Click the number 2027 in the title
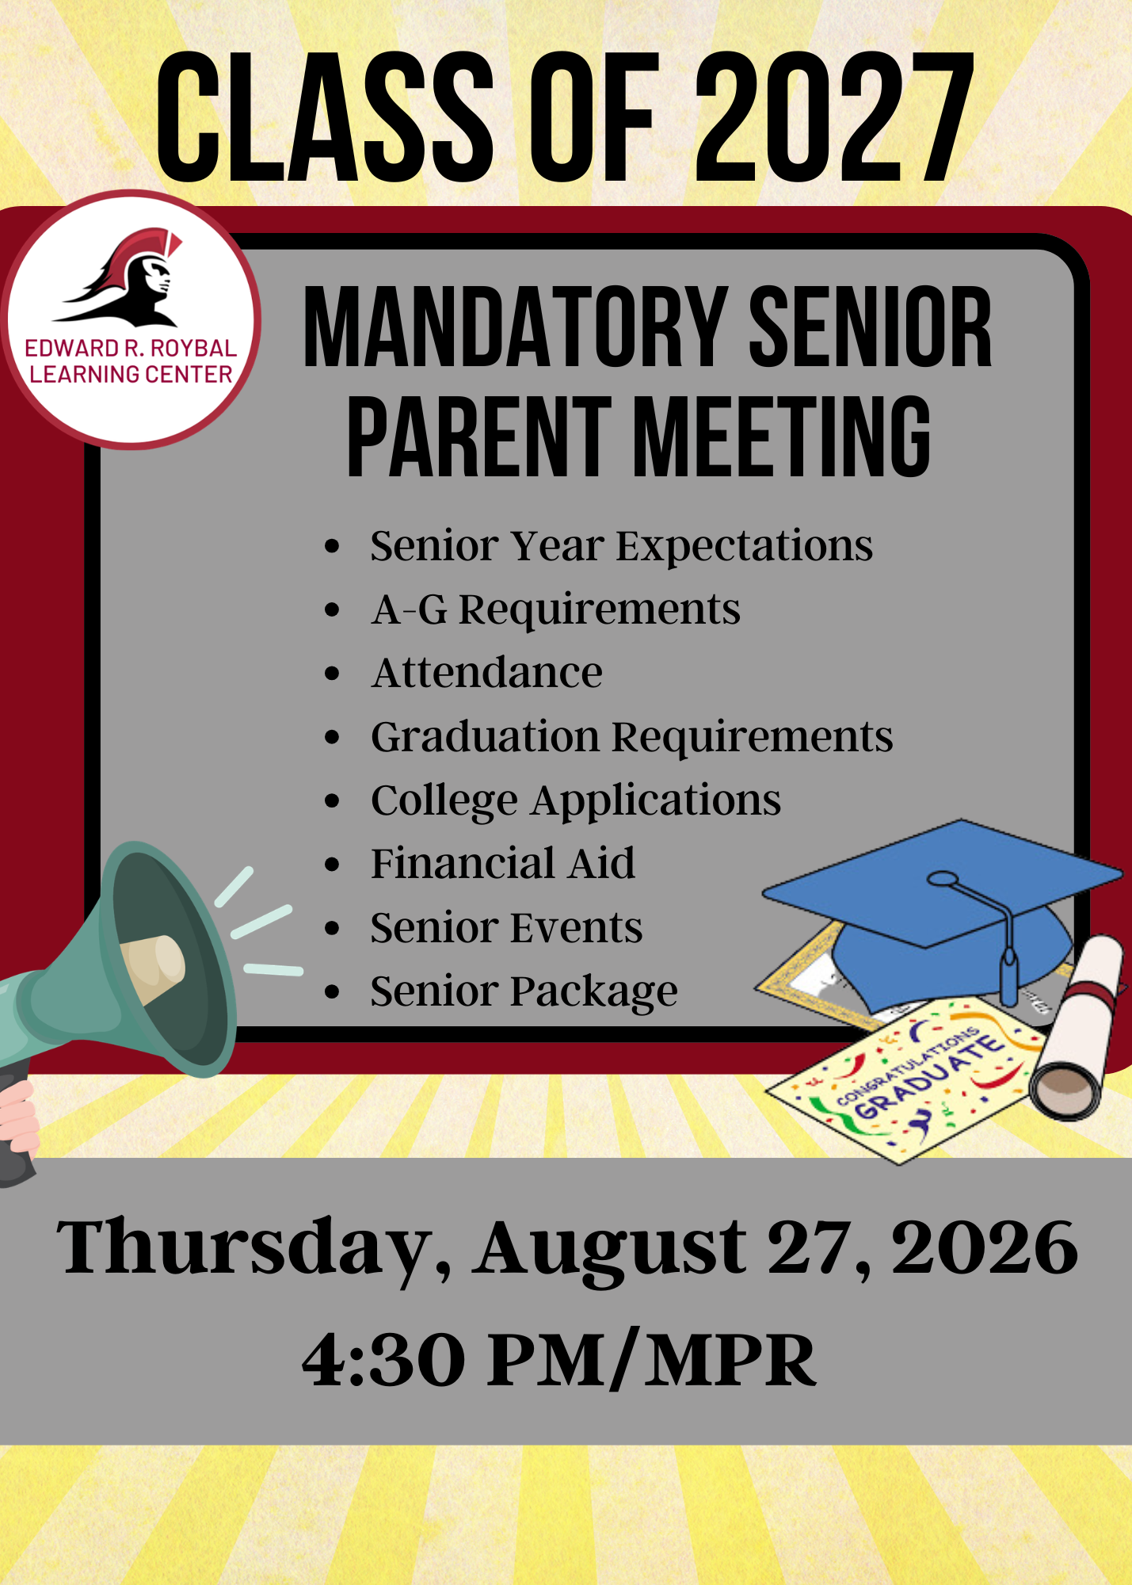click(x=834, y=117)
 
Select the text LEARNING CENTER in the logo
click(x=131, y=374)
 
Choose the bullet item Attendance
click(x=487, y=673)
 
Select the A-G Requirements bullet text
click(x=556, y=610)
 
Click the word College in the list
click(x=444, y=800)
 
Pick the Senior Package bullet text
click(x=524, y=991)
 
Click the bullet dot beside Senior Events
click(x=332, y=928)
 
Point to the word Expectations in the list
click(x=745, y=546)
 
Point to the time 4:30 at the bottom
click(x=383, y=1360)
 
